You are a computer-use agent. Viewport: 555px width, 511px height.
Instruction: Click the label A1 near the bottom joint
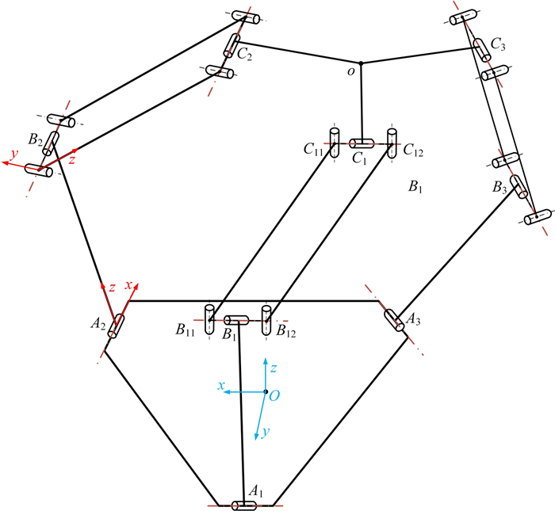pyautogui.click(x=256, y=491)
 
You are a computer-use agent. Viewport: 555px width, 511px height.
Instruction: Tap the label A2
pyautogui.click(x=98, y=323)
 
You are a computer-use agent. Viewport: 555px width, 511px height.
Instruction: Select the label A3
pyautogui.click(x=413, y=319)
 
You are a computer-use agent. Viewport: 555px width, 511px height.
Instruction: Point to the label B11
pyautogui.click(x=185, y=330)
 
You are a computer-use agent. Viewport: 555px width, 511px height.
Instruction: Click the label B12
pyautogui.click(x=286, y=331)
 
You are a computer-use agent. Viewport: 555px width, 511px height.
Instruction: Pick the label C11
pyautogui.click(x=313, y=150)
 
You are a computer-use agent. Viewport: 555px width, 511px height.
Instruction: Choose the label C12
pyautogui.click(x=413, y=151)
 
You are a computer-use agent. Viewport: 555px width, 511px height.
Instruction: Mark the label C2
pyautogui.click(x=244, y=55)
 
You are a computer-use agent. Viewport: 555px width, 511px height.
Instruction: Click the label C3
pyautogui.click(x=498, y=44)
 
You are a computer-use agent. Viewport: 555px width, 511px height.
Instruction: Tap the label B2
pyautogui.click(x=36, y=140)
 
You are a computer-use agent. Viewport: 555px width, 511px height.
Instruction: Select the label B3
pyautogui.click(x=499, y=188)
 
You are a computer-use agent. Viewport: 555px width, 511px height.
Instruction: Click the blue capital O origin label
pyautogui.click(x=274, y=396)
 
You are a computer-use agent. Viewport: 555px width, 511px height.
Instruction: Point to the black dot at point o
pyautogui.click(x=361, y=63)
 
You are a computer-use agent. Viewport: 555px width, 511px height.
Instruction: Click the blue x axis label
pyautogui.click(x=221, y=386)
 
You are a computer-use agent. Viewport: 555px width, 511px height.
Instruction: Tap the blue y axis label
pyautogui.click(x=266, y=432)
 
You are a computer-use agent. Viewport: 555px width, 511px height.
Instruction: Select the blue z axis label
pyautogui.click(x=274, y=368)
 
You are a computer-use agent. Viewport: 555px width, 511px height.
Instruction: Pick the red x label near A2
pyautogui.click(x=128, y=285)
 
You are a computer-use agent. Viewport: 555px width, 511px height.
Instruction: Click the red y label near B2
pyautogui.click(x=14, y=154)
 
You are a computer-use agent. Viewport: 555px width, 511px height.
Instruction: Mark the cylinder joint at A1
pyautogui.click(x=244, y=505)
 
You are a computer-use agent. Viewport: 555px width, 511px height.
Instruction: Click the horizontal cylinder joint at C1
pyautogui.click(x=362, y=143)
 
